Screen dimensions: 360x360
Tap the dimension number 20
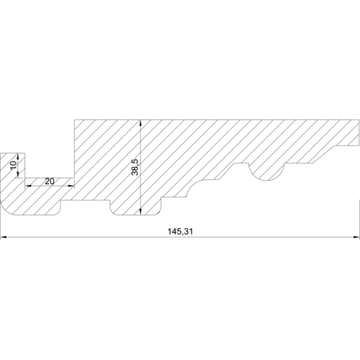click(49, 181)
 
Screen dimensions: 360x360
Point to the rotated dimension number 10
click(13, 165)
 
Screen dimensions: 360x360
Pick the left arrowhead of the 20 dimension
click(29, 186)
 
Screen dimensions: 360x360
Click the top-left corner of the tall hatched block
click(74, 117)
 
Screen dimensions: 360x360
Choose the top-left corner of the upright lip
click(2, 153)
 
